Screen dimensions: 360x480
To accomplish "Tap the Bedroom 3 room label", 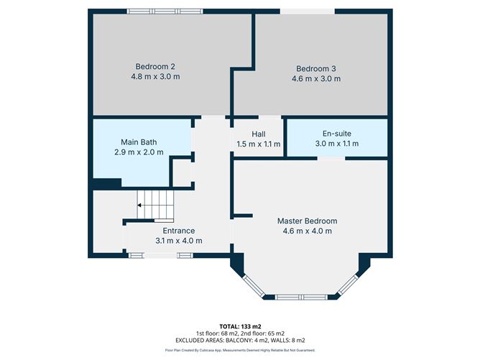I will (x=316, y=69).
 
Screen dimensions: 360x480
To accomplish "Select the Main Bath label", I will (x=139, y=142).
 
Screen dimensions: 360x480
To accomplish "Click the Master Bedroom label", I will (x=307, y=221).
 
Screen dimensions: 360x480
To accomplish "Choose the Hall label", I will (x=259, y=134).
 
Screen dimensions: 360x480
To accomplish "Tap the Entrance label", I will (x=179, y=231).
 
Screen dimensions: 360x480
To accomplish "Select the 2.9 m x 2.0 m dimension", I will (x=139, y=152).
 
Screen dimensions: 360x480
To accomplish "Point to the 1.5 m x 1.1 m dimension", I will (x=259, y=144).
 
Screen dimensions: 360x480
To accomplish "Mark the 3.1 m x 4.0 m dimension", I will (x=179, y=241).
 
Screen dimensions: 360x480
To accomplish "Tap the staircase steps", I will (x=157, y=204).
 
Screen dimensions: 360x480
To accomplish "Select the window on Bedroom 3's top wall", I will (x=307, y=11).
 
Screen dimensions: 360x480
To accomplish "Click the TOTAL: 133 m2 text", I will (x=239, y=326).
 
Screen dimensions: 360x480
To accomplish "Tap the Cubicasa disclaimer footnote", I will (x=239, y=350).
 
